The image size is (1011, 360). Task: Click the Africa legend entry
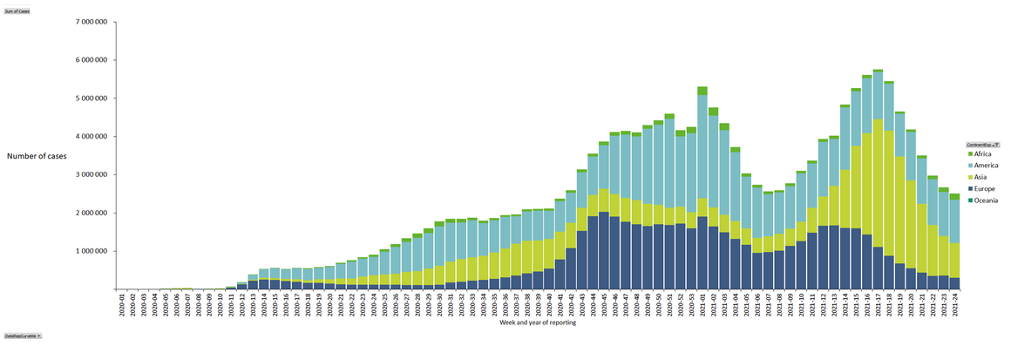(982, 154)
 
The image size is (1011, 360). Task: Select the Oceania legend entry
(984, 200)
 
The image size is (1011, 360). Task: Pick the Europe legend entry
(983, 188)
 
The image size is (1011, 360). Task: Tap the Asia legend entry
(980, 177)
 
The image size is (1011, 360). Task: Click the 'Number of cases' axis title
(37, 156)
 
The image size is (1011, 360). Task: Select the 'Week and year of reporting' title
(537, 323)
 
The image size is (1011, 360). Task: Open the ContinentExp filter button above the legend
(982, 144)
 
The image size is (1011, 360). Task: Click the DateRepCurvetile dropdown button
(23, 336)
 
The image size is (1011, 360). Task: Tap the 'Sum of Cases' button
(17, 11)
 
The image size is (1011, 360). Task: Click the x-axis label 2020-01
(122, 304)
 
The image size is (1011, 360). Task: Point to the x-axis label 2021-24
(953, 304)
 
